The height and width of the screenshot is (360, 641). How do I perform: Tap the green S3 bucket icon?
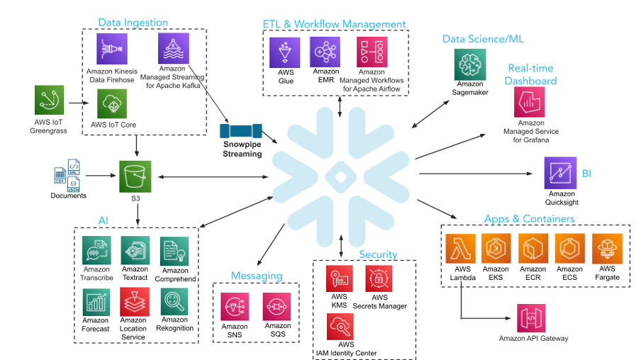[x=135, y=176]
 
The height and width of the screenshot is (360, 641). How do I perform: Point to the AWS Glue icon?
[x=285, y=52]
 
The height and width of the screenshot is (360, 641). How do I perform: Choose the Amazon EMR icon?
[x=325, y=52]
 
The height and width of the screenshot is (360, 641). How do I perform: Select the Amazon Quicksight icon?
[x=560, y=172]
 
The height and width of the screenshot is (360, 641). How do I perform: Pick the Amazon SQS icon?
[x=277, y=307]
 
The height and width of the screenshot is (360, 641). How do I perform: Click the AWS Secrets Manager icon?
[x=379, y=279]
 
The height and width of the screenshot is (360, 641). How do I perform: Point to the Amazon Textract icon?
[x=135, y=251]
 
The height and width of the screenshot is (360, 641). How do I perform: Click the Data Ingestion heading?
[x=133, y=23]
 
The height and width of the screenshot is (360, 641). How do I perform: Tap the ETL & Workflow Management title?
[x=334, y=24]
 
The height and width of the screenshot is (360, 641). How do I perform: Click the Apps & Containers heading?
[x=529, y=218]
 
